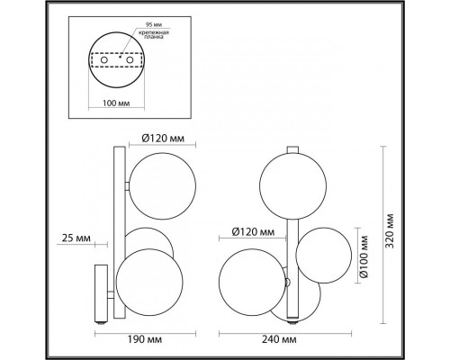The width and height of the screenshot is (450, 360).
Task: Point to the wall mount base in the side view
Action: coord(102,292)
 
